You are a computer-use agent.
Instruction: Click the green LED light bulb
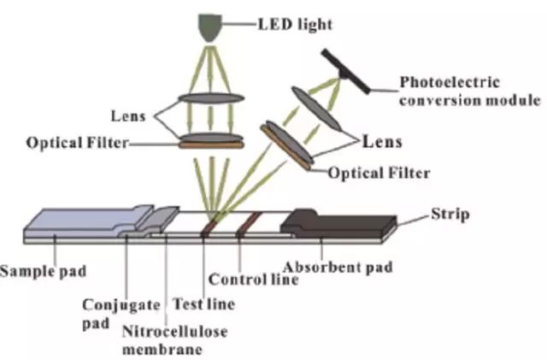pos(208,28)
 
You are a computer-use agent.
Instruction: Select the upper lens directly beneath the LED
pos(208,98)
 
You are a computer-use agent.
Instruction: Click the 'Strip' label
pos(450,215)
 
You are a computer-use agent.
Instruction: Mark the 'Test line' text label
pos(203,303)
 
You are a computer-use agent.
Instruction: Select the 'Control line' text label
pos(253,279)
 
